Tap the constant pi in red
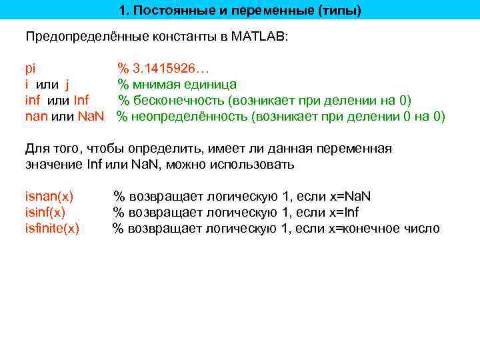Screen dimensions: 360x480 (30, 68)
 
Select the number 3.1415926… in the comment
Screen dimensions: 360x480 (171, 68)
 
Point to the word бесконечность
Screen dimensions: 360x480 (179, 101)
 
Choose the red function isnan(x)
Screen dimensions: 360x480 (49, 197)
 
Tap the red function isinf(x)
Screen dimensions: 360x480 (45, 213)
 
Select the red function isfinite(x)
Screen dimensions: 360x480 (52, 229)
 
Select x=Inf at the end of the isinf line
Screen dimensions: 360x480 (345, 213)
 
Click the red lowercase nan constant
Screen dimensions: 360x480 (36, 117)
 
